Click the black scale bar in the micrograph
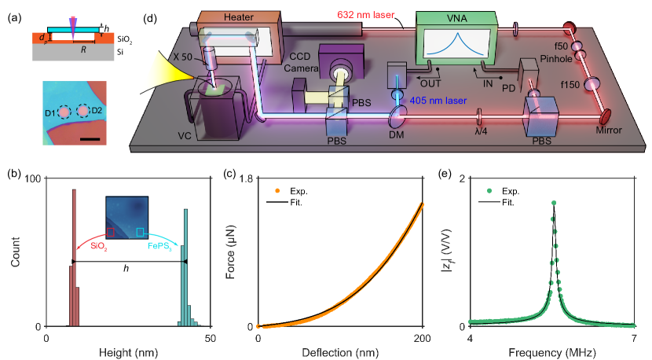(90, 141)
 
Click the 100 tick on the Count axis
(31, 178)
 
